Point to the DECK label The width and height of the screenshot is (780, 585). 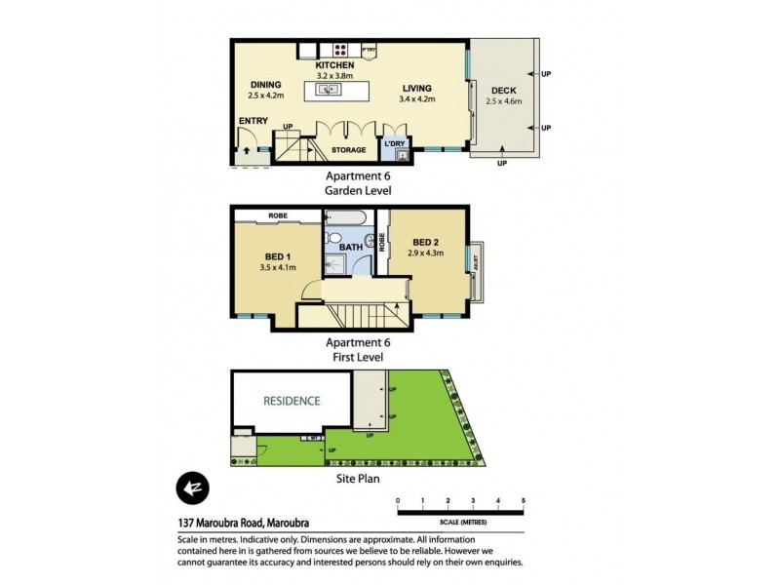[x=504, y=89]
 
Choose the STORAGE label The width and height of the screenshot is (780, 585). [x=348, y=150]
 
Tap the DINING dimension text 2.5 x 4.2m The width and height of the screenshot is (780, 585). [x=265, y=97]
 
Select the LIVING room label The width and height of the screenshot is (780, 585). [x=417, y=88]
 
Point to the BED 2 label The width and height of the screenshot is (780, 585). [x=427, y=242]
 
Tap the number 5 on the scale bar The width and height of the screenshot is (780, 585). [x=524, y=500]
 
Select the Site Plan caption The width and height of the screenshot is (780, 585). [x=354, y=479]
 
